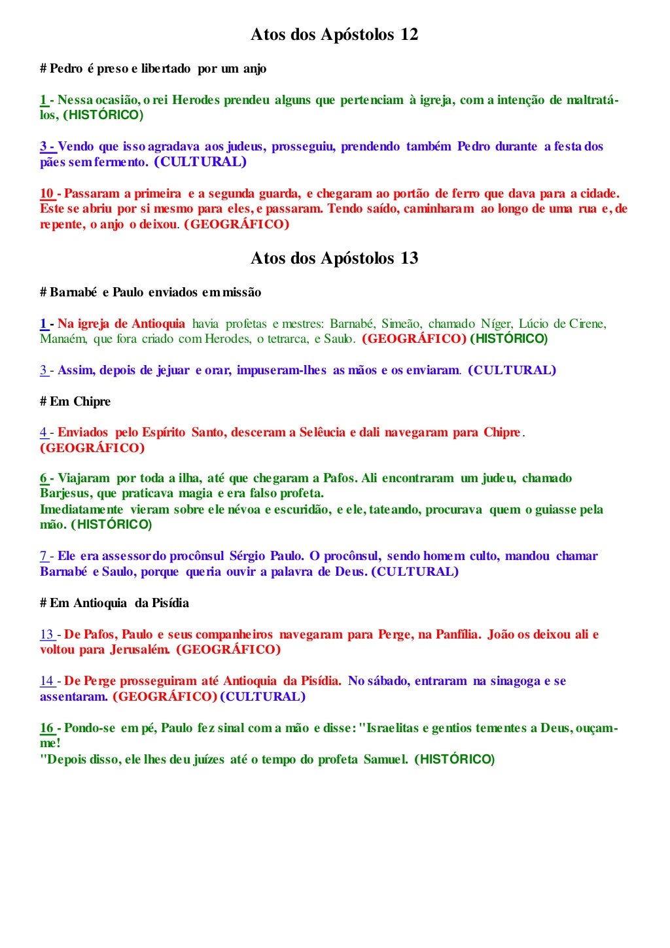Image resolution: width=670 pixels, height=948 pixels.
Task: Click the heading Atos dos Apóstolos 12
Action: coord(334,35)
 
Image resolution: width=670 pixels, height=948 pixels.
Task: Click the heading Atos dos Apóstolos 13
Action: coord(334,258)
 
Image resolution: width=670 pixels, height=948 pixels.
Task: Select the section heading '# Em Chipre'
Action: coord(75,402)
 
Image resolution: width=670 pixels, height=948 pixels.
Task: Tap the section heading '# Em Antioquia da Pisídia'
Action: coord(115,603)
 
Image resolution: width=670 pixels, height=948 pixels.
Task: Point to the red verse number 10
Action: coord(46,194)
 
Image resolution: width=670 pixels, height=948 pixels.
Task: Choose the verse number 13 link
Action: coord(46,634)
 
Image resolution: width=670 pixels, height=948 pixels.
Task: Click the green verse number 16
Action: coord(46,728)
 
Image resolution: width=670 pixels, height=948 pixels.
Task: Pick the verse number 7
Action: coord(43,556)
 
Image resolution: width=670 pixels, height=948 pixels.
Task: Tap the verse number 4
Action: coord(43,432)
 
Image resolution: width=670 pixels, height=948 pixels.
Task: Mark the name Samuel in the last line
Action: coord(386,760)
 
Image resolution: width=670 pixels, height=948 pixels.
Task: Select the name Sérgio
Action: coord(247,556)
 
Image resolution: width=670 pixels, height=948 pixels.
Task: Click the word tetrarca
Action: coord(287,339)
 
